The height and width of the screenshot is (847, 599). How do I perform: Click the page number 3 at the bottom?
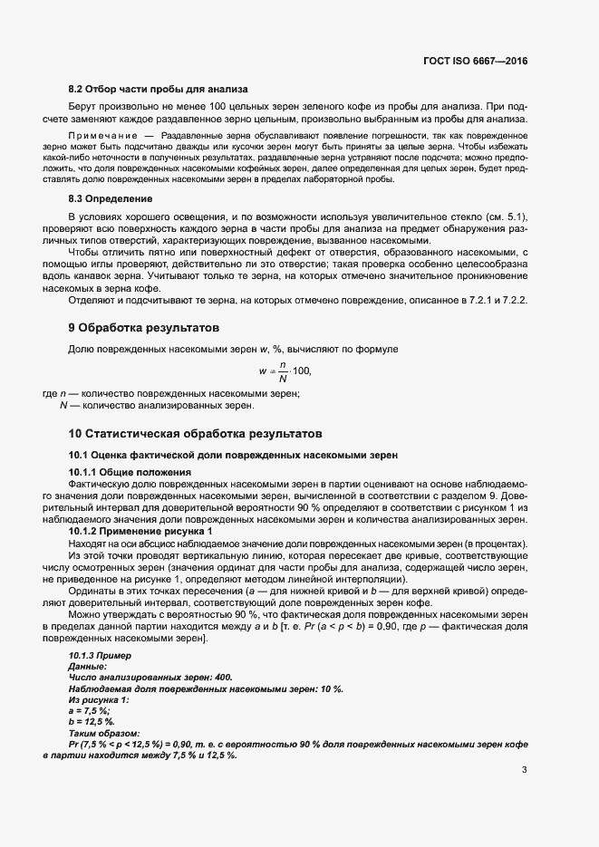(524, 771)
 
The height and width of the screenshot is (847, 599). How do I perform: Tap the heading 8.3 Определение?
(111, 197)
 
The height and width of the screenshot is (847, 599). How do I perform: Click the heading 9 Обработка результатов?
(143, 326)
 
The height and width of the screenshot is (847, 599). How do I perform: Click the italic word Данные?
(88, 666)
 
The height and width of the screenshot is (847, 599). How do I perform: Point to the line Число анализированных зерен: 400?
(150, 677)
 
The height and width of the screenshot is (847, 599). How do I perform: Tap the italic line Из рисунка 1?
(99, 699)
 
